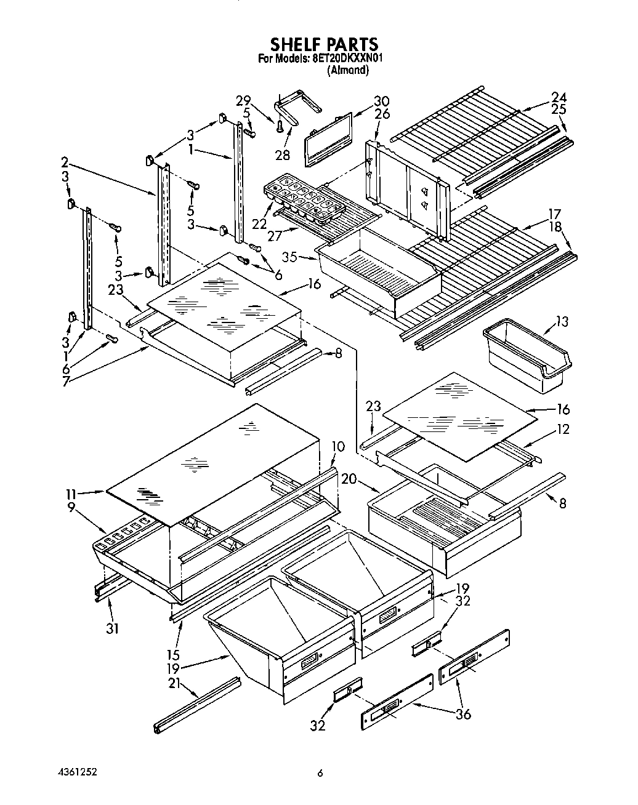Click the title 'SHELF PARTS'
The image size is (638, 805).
pos(324,44)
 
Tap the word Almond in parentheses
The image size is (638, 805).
pos(349,71)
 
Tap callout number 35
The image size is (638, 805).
pos(290,257)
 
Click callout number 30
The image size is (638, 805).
pos(382,102)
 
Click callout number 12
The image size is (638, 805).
pos(562,430)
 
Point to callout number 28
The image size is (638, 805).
pos(282,155)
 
